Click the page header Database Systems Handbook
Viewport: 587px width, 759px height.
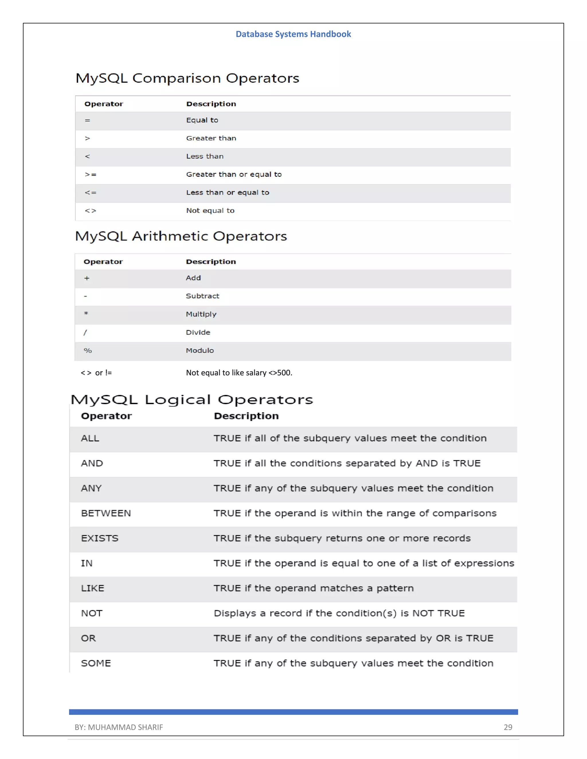click(293, 34)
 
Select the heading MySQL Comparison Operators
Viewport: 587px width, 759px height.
click(187, 78)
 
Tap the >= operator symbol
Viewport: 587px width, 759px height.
click(90, 174)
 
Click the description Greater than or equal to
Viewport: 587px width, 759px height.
click(234, 174)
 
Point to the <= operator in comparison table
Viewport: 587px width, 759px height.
click(90, 192)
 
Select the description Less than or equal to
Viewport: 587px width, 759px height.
click(227, 192)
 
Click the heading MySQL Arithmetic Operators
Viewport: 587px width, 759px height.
click(181, 236)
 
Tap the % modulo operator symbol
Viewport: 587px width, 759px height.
click(88, 350)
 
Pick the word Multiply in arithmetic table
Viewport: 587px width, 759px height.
click(201, 314)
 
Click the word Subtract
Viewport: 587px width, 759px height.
click(202, 296)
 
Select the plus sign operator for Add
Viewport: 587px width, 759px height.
click(87, 278)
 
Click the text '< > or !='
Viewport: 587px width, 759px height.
click(96, 373)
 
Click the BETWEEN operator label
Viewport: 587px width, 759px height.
click(106, 513)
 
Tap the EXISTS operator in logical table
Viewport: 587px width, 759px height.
click(99, 538)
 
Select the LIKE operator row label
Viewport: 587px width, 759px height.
click(93, 588)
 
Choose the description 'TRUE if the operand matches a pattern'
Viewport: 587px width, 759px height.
click(313, 588)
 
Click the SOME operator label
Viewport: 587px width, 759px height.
click(96, 663)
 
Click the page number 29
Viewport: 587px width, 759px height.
click(508, 727)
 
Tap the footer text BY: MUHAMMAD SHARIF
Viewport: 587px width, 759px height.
click(119, 727)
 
